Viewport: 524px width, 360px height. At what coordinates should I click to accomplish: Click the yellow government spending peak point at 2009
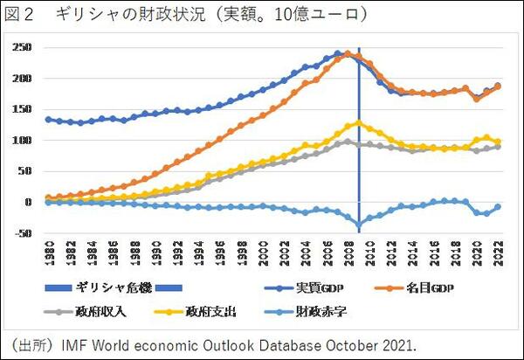point(358,123)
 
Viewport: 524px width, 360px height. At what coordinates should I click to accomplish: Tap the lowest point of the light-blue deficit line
point(358,225)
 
